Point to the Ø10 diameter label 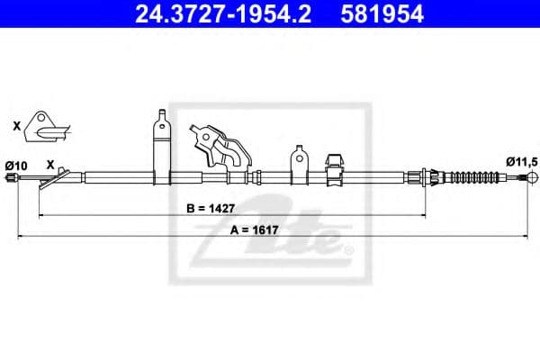pos(15,165)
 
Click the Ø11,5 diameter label pos(521,161)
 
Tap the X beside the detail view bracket pos(17,127)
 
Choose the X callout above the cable pos(51,164)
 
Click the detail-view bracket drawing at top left pos(44,128)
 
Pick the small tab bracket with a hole pos(298,164)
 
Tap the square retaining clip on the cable pos(332,166)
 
